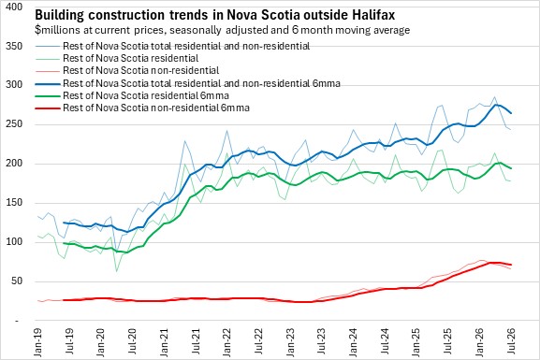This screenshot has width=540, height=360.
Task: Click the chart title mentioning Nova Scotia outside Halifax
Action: (215, 15)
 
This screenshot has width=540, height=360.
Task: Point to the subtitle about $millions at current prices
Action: (222, 30)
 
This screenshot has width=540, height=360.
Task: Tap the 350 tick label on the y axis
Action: (14, 46)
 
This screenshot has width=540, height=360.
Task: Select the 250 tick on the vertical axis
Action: (14, 124)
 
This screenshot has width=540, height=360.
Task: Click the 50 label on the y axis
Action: (17, 281)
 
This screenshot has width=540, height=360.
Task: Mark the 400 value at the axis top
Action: (14, 7)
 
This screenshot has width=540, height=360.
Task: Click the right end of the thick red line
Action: (511, 265)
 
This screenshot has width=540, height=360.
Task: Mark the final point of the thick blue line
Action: (511, 113)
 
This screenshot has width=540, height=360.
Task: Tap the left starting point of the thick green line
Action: (64, 243)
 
